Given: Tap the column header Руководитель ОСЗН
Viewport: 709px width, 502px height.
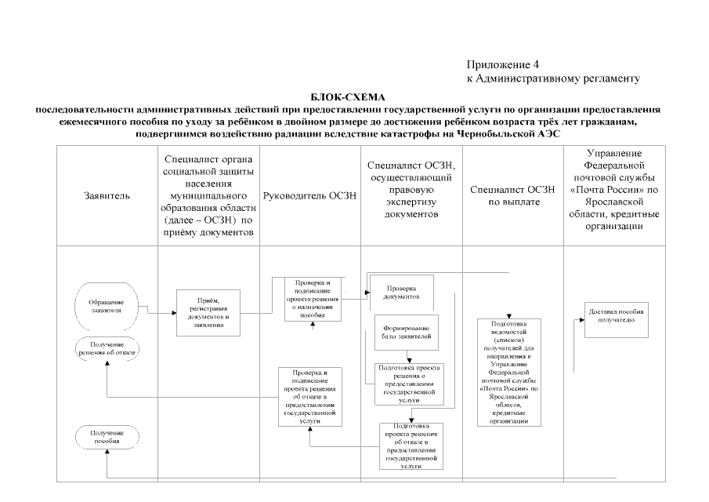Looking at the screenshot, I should click(x=310, y=195).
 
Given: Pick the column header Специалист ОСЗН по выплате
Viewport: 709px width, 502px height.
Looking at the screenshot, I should click(x=513, y=195).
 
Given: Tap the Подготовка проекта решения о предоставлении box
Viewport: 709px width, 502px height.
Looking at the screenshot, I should click(x=409, y=383).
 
